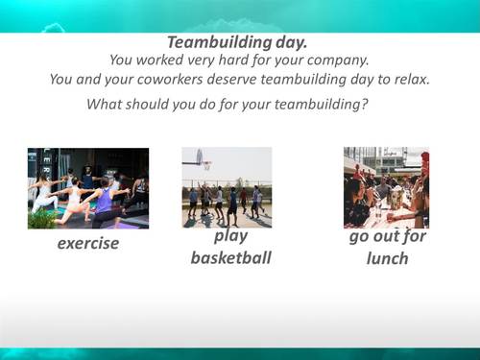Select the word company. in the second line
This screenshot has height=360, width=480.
pyautogui.click(x=338, y=60)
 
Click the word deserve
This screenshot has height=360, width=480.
pyautogui.click(x=247, y=80)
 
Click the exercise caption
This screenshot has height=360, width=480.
pyautogui.click(x=88, y=243)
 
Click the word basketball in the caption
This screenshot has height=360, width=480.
pyautogui.click(x=230, y=257)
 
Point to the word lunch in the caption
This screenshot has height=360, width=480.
pyautogui.click(x=387, y=258)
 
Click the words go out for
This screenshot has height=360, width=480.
pyautogui.click(x=387, y=237)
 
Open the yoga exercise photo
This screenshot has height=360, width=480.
pyautogui.click(x=88, y=187)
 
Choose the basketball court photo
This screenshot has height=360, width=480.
pyautogui.click(x=227, y=187)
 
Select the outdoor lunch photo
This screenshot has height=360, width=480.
pyautogui.click(x=386, y=187)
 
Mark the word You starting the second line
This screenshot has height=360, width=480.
pyautogui.click(x=124, y=60)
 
